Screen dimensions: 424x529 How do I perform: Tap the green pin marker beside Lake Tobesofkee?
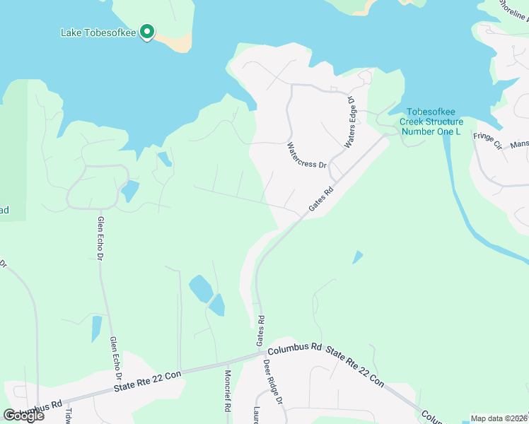[x=147, y=32]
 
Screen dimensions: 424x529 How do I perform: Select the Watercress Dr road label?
[x=307, y=155]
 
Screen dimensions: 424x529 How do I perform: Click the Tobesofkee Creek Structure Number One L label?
[x=431, y=122]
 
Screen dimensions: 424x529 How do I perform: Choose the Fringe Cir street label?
[x=487, y=141]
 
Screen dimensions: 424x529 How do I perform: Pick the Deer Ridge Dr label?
[x=272, y=382]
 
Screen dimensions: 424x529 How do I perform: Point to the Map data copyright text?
[x=499, y=418]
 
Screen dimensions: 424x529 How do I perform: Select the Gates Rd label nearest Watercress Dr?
[x=321, y=200]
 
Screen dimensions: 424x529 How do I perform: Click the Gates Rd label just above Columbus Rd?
[x=261, y=330]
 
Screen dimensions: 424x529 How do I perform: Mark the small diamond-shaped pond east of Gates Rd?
[x=358, y=257]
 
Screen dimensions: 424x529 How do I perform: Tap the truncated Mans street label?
[x=520, y=144]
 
